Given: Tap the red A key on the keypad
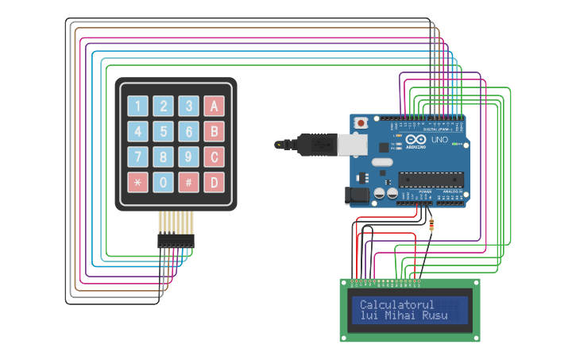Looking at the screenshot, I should coord(214,106).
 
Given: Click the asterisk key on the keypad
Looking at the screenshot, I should coord(138,183).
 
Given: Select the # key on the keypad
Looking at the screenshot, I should coord(188,183).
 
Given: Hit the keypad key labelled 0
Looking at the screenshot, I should coord(163,183).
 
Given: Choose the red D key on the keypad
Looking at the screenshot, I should coord(214,183).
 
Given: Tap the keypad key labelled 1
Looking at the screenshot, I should coord(138,106).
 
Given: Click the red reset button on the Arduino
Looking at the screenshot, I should coord(361,123).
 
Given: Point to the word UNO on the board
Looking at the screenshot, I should coord(439,140).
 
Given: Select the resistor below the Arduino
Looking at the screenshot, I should coord(431,225).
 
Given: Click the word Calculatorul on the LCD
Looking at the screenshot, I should coord(397,304).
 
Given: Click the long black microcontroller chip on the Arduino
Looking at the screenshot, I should coord(431,181).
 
